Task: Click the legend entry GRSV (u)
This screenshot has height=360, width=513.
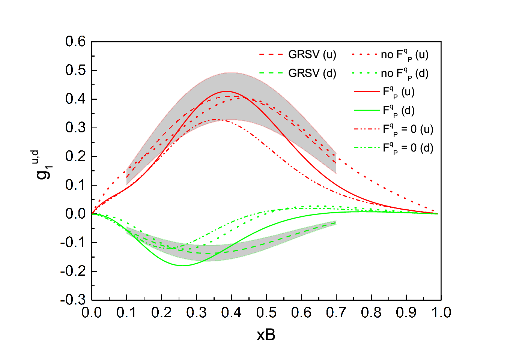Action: click(298, 54)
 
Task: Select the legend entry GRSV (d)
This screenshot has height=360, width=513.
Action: click(298, 73)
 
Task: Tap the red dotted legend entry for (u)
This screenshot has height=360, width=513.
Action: click(390, 55)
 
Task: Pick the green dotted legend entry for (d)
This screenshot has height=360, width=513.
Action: click(390, 74)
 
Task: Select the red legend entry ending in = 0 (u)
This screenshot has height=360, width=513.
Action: click(394, 130)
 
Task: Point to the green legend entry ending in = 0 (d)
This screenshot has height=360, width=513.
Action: click(394, 148)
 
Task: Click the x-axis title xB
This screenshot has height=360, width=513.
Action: click(266, 335)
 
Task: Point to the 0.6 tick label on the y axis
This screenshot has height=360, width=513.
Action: click(75, 42)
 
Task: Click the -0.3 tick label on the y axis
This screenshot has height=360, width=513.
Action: click(73, 300)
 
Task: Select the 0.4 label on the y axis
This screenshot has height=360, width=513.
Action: click(75, 99)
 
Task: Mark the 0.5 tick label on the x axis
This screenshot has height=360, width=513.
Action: click(266, 312)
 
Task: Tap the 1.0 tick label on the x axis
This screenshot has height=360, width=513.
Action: click(441, 312)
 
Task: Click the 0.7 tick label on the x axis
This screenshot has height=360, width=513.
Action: click(336, 312)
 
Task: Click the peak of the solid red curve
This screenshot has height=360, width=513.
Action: click(226, 91)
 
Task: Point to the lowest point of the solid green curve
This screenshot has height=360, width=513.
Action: click(183, 265)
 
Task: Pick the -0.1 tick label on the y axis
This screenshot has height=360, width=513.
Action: click(73, 242)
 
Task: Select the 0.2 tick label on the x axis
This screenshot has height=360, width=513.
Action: click(161, 312)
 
